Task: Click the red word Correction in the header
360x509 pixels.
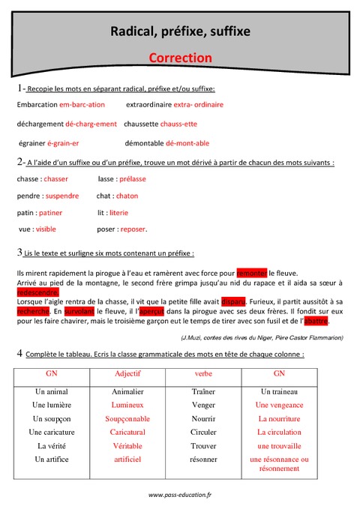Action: pos(180,58)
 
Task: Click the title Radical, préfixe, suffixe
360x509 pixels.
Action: pos(180,31)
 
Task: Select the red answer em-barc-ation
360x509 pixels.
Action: pos(82,105)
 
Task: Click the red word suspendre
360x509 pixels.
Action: pos(62,196)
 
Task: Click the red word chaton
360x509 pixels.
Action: pos(127,196)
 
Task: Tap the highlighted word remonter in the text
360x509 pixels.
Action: pos(251,274)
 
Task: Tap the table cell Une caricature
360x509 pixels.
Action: pos(52,432)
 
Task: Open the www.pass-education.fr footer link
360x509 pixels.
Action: pos(180,495)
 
